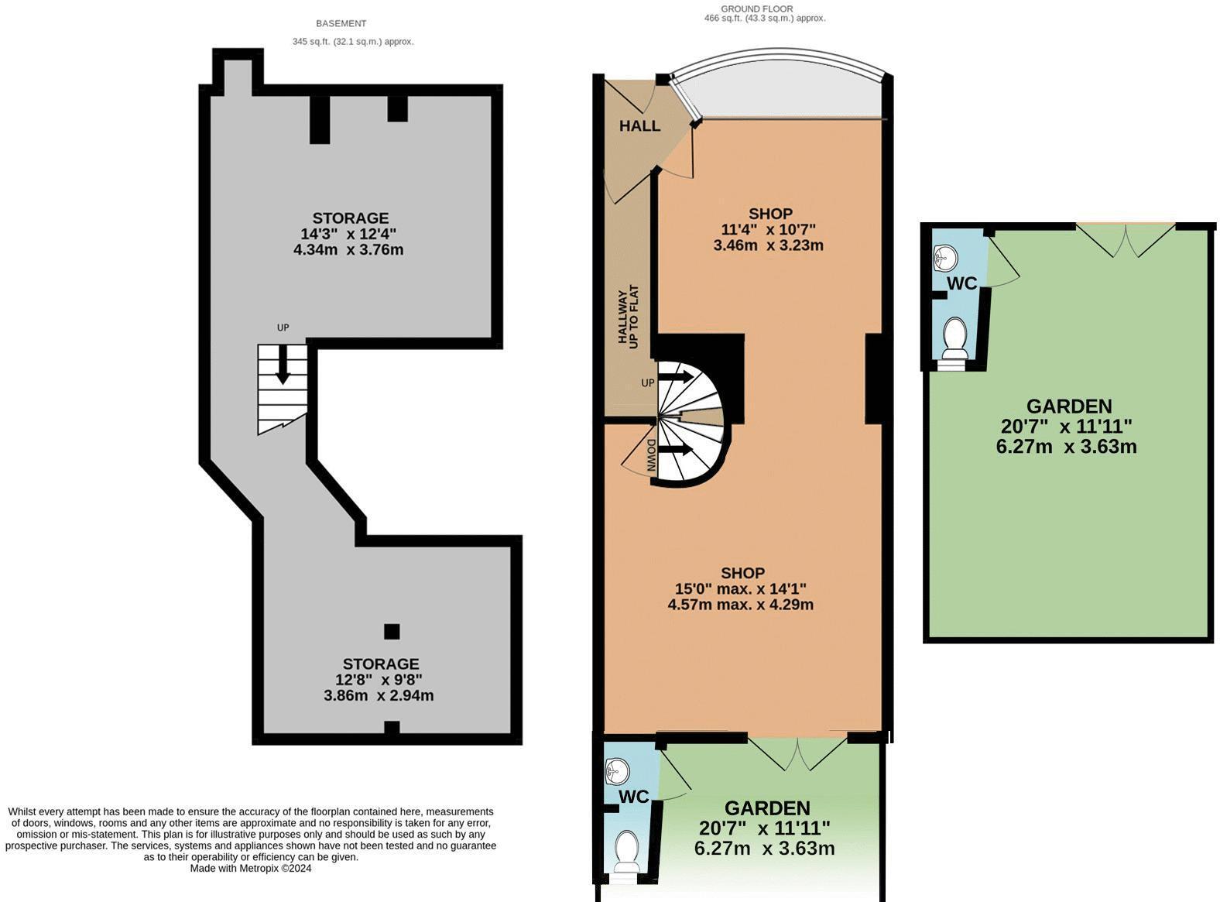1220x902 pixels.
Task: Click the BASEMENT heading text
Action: click(341, 23)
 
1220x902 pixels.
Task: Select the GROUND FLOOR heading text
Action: click(756, 9)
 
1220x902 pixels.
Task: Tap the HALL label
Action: click(639, 125)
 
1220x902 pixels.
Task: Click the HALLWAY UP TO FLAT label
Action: click(627, 317)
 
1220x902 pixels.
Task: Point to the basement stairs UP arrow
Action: click(283, 363)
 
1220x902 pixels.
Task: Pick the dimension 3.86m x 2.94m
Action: click(379, 695)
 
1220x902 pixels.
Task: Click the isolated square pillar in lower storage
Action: click(392, 631)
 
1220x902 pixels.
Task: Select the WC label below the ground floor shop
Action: click(633, 797)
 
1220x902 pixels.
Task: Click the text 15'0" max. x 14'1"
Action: click(741, 588)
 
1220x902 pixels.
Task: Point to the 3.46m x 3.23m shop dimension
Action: click(768, 245)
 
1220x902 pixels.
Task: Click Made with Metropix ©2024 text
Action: click(251, 868)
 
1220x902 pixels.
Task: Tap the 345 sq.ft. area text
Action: click(353, 42)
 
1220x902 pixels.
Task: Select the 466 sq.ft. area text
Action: click(764, 18)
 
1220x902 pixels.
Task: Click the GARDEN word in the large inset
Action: click(1068, 406)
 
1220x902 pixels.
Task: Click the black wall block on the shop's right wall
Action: click(874, 379)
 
